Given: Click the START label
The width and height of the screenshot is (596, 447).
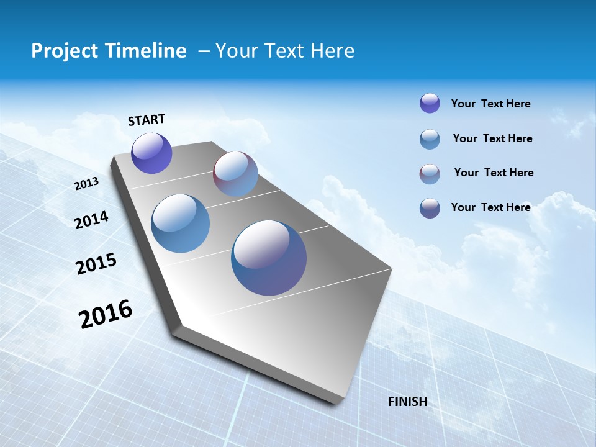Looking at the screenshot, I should pos(147,120).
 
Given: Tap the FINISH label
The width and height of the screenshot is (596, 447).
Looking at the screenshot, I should pos(407,402).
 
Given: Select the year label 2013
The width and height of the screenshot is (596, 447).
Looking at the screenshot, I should pos(86,184).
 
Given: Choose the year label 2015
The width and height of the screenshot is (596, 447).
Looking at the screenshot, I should pos(96,264).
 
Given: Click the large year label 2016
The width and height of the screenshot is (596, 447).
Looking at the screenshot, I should pos(106,314).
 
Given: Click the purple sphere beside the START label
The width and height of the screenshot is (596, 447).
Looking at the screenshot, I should pos(151,153).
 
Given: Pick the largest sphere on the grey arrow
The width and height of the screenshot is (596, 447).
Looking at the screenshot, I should pos(269,258).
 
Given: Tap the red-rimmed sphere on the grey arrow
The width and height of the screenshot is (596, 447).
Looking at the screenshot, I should pos(235,174).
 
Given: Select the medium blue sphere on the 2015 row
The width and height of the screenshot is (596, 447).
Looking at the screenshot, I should pos(180,223).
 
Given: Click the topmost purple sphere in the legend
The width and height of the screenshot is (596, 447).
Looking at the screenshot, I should pos(430,103).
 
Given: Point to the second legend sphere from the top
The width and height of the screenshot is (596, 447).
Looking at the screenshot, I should pos(430,139).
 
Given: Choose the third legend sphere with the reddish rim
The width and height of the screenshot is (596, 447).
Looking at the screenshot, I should pos(430,174).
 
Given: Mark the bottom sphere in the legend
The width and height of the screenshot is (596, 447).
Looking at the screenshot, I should pos(430,208).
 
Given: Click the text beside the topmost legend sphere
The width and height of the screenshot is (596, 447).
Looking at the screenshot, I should pos(490,104).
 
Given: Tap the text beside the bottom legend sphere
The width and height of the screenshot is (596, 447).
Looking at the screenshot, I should pos(490,207).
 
